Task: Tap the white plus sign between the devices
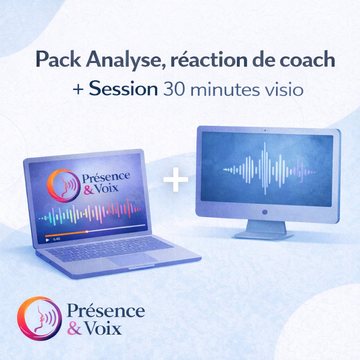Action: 176,179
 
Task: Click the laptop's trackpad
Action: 132,259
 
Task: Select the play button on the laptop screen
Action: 47,240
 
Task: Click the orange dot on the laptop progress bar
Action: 87,231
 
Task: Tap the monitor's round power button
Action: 265,212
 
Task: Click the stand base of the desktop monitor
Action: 264,235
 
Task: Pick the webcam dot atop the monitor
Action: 265,130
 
